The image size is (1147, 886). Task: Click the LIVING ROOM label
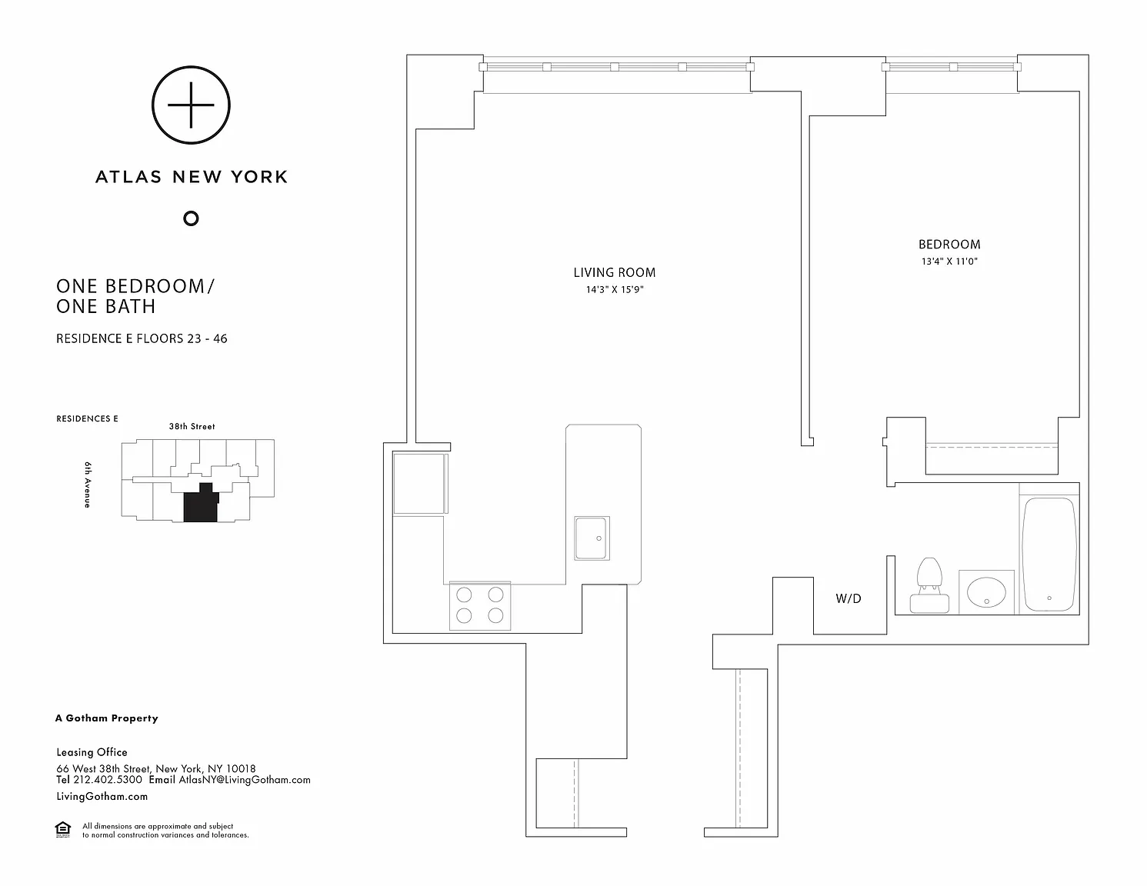tap(614, 272)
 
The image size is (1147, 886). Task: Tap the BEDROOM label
tap(949, 245)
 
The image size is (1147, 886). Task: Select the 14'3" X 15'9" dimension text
tap(614, 290)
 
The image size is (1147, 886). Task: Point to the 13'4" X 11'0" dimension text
tap(949, 261)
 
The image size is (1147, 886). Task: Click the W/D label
tap(849, 598)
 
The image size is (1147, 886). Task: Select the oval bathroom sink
tap(986, 592)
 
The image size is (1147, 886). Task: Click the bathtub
tap(1049, 555)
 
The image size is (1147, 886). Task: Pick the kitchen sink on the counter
tap(592, 538)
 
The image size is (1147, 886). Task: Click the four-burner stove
tap(479, 605)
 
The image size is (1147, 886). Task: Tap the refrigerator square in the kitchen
tap(420, 483)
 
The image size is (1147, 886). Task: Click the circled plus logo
tap(191, 105)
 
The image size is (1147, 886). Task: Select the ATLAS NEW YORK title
tap(191, 177)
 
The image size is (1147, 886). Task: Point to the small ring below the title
tap(191, 218)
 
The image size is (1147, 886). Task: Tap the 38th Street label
tap(192, 426)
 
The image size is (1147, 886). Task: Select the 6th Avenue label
tap(88, 485)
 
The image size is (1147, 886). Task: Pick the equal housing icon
tap(63, 830)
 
